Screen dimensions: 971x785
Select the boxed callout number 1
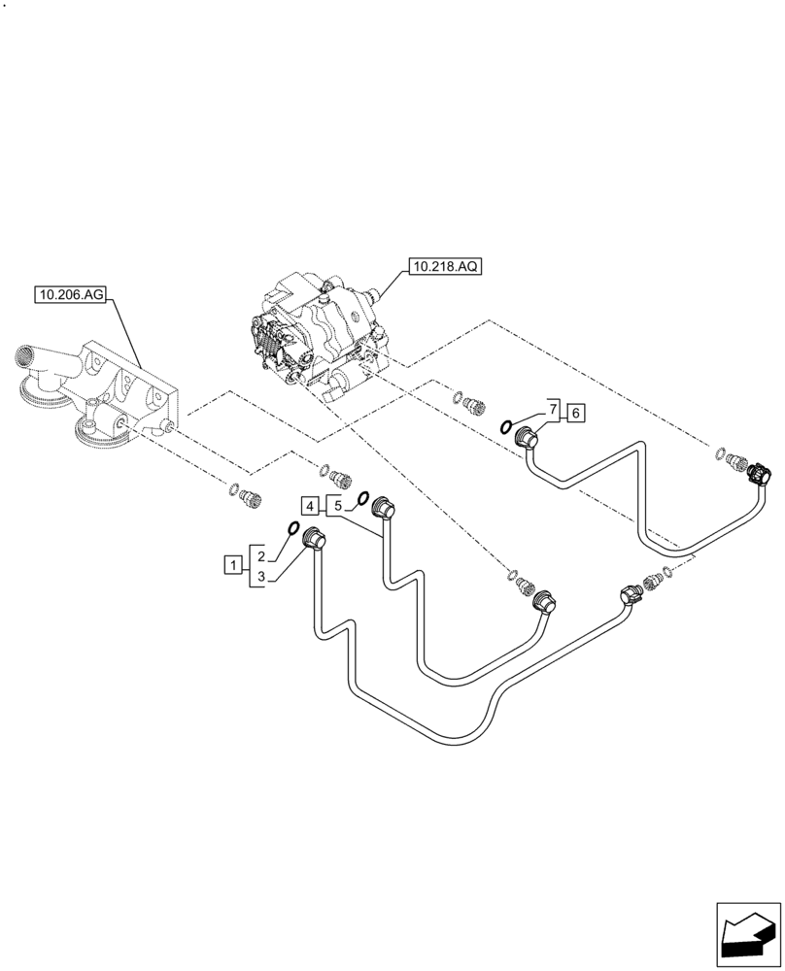pyautogui.click(x=232, y=563)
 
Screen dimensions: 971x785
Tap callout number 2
pyautogui.click(x=262, y=554)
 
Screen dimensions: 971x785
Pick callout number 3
pyautogui.click(x=262, y=578)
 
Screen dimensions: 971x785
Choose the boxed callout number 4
pyautogui.click(x=310, y=506)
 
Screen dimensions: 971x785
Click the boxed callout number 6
pyautogui.click(x=575, y=414)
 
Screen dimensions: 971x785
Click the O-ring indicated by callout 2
pyautogui.click(x=291, y=528)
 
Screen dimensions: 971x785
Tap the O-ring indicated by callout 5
pyautogui.click(x=361, y=498)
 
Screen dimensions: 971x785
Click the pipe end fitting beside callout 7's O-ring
pyautogui.click(x=529, y=441)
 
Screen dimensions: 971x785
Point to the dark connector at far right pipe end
pyautogui.click(x=756, y=473)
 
